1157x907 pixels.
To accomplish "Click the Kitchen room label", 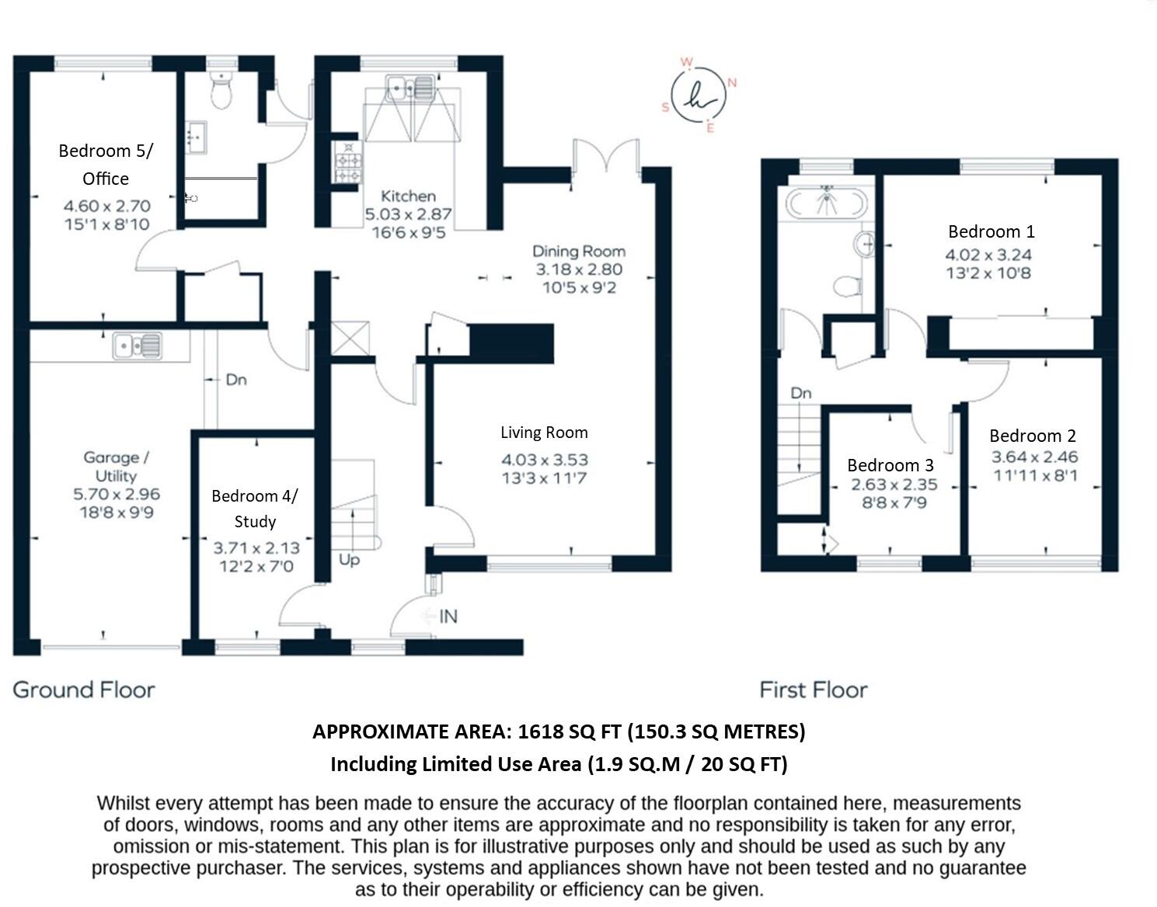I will click(408, 196).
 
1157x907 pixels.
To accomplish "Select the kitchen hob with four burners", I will click(347, 162).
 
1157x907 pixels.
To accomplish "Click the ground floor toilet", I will click(221, 93).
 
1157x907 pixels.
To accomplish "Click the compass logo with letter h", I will click(699, 96).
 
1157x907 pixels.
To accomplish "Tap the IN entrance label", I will click(448, 617).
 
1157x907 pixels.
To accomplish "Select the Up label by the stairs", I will click(349, 560).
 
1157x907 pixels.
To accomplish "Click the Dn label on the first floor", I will click(801, 394).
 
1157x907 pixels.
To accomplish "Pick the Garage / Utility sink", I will click(138, 346).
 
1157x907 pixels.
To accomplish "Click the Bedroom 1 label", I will click(991, 231).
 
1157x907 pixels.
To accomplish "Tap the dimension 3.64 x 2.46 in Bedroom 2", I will click(1033, 457).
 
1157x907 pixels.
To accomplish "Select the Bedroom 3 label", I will click(890, 465).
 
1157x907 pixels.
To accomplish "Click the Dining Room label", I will click(578, 252).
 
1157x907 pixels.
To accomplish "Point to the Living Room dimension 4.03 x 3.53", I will click(544, 460).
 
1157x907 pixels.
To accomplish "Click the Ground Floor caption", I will click(84, 690).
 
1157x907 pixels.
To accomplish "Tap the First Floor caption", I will click(813, 690).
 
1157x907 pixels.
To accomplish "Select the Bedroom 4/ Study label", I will click(255, 509).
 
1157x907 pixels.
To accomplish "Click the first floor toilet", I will click(847, 286).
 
